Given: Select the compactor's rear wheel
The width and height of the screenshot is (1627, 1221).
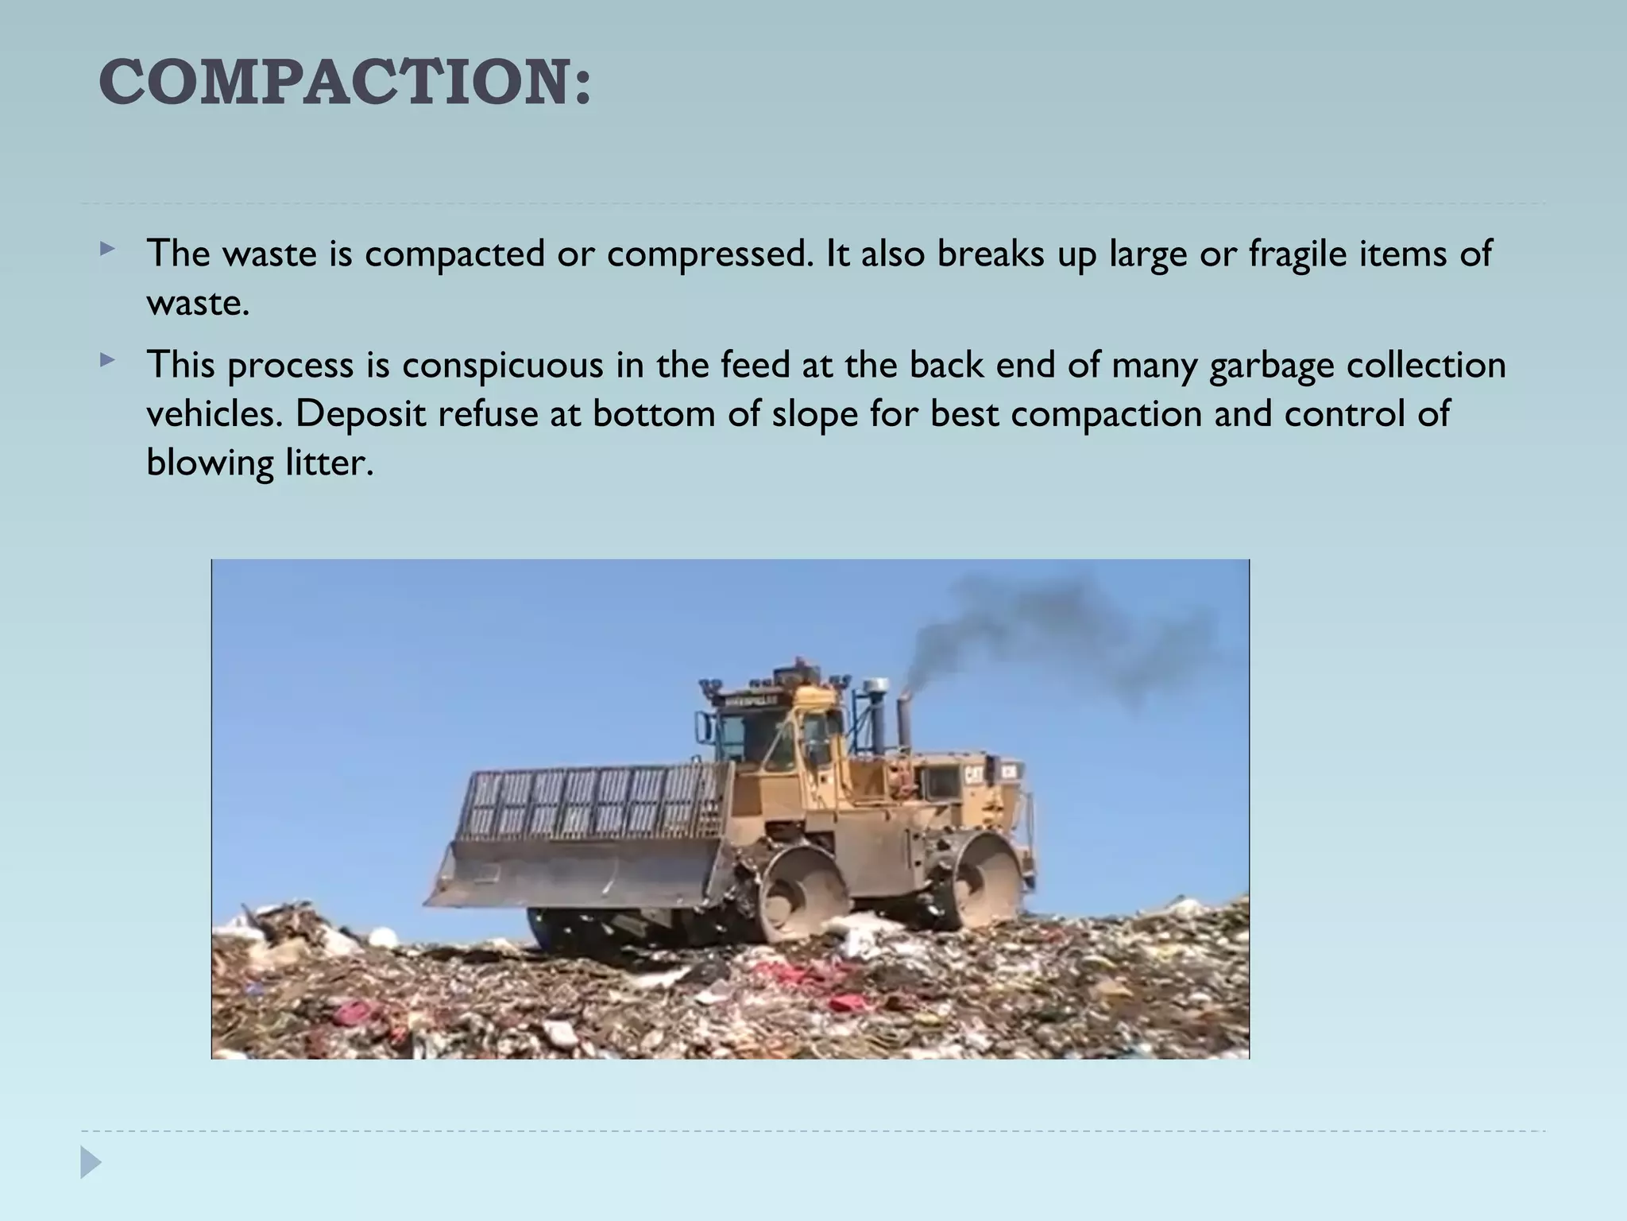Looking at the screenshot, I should click(x=985, y=882).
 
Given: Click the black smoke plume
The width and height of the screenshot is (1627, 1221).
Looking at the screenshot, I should click(x=1057, y=628).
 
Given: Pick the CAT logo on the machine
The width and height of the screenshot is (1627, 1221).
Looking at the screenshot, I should click(x=975, y=773).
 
